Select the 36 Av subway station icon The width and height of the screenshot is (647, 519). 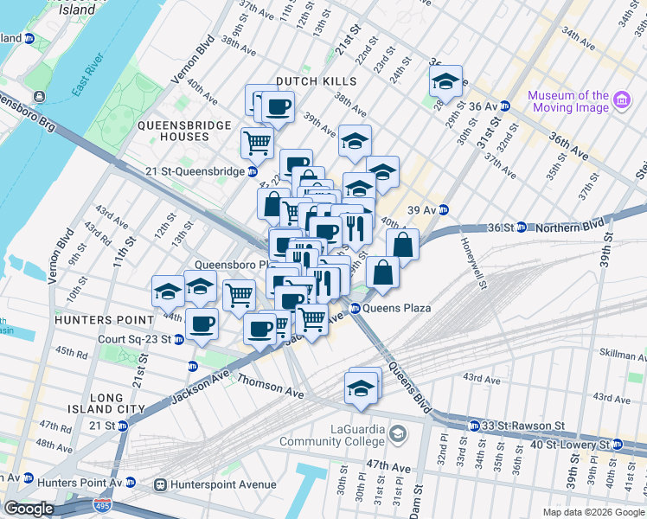[504, 106]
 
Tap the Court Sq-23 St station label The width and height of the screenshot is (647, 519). [135, 339]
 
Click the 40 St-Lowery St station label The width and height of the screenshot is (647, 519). [580, 444]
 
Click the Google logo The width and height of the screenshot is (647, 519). [29, 509]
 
